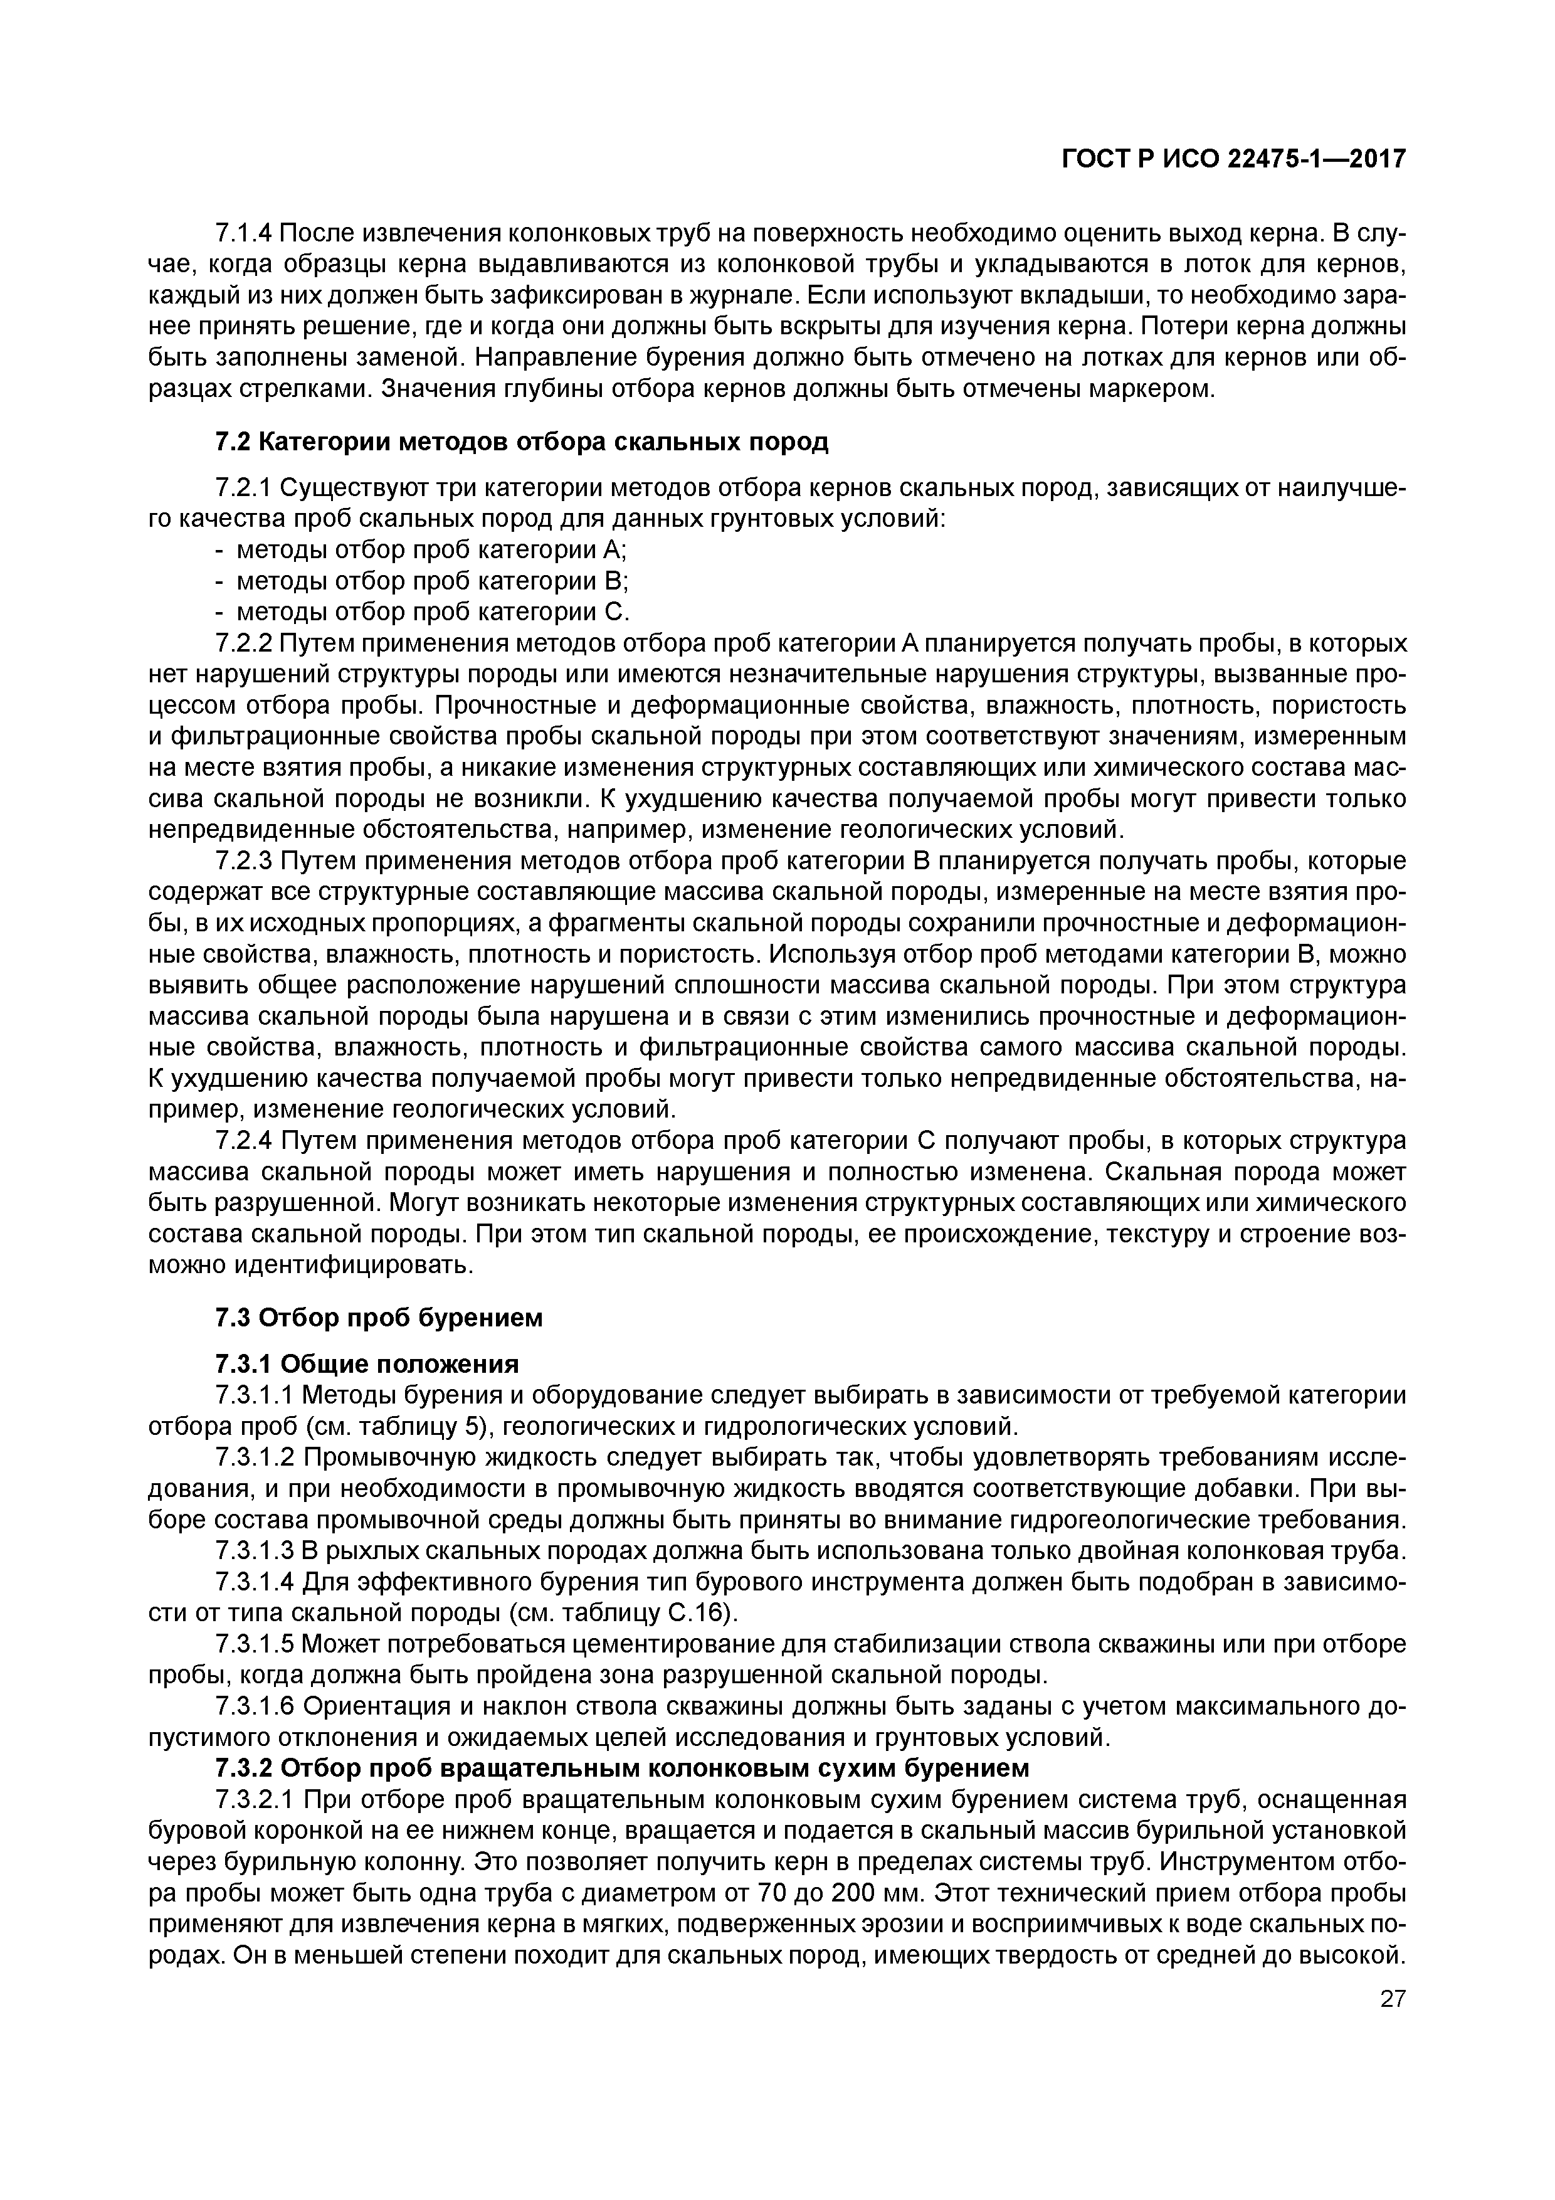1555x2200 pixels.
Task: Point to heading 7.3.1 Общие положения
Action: (366, 1363)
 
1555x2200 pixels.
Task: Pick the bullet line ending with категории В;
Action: (419, 581)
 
